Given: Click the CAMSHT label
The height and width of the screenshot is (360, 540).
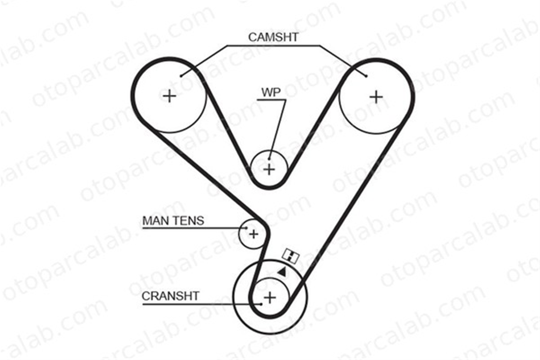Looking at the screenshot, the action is coord(273,37).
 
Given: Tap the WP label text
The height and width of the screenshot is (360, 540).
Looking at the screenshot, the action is coord(271,92).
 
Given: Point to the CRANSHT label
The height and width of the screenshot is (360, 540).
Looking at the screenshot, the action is coord(170,296).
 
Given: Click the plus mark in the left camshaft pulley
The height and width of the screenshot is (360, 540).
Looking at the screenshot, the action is coord(170,96).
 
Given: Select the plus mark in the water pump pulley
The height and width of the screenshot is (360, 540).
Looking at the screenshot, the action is coord(269,169).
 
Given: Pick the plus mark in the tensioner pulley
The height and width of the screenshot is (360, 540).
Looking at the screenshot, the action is coord(254,234).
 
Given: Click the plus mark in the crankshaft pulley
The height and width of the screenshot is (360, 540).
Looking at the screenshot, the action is coord(270,298).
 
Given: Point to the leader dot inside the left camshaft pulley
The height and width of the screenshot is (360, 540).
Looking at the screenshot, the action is coord(181,76).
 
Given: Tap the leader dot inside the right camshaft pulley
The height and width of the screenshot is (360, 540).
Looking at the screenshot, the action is coord(366,76).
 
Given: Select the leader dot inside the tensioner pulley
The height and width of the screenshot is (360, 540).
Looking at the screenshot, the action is coord(246,228).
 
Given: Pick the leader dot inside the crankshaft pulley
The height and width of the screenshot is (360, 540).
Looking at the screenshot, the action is coord(261,304).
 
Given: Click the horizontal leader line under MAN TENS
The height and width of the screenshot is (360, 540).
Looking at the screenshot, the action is coord(194,228).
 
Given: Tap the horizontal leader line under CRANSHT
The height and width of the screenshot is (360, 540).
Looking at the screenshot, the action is coord(202,304).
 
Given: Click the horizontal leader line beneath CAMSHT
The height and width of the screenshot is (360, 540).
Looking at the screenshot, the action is coord(273,46).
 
